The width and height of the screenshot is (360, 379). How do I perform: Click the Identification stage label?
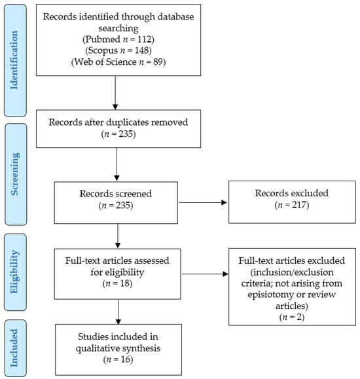(x=14, y=60)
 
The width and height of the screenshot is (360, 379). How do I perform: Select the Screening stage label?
(x=15, y=174)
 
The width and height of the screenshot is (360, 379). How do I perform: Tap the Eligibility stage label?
(x=14, y=272)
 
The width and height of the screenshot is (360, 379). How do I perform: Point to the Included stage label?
(x=14, y=348)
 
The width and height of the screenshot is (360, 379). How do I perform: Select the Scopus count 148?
(x=142, y=50)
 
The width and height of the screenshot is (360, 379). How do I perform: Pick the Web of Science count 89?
(x=158, y=62)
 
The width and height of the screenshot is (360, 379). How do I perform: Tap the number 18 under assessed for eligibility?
(x=125, y=283)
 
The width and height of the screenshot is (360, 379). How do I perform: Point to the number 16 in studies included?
(x=126, y=359)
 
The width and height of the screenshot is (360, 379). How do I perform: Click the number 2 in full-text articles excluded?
(x=299, y=317)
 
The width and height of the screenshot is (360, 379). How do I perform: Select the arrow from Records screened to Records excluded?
(x=203, y=202)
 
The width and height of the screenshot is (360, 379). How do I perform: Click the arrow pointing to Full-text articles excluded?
(x=205, y=274)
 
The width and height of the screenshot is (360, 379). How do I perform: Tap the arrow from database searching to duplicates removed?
(x=115, y=93)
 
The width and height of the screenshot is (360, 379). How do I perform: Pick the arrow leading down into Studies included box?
(x=118, y=312)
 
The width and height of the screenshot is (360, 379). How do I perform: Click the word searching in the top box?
(x=118, y=29)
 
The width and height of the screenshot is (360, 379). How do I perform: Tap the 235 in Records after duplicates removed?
(x=126, y=134)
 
